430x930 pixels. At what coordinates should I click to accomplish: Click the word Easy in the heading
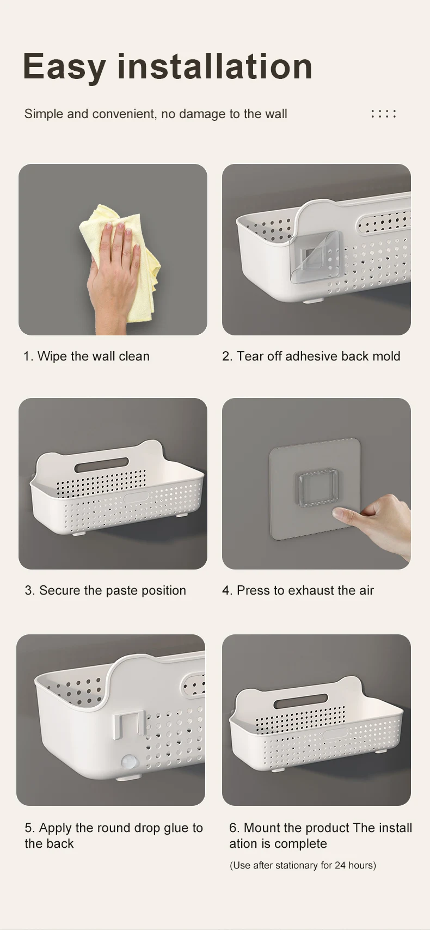point(64,68)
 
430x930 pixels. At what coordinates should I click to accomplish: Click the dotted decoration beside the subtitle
point(384,113)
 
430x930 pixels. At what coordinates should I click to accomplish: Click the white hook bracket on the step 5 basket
point(128,725)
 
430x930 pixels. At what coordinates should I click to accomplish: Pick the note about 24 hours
point(303,866)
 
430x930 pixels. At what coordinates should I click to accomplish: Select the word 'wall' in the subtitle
point(275,114)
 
